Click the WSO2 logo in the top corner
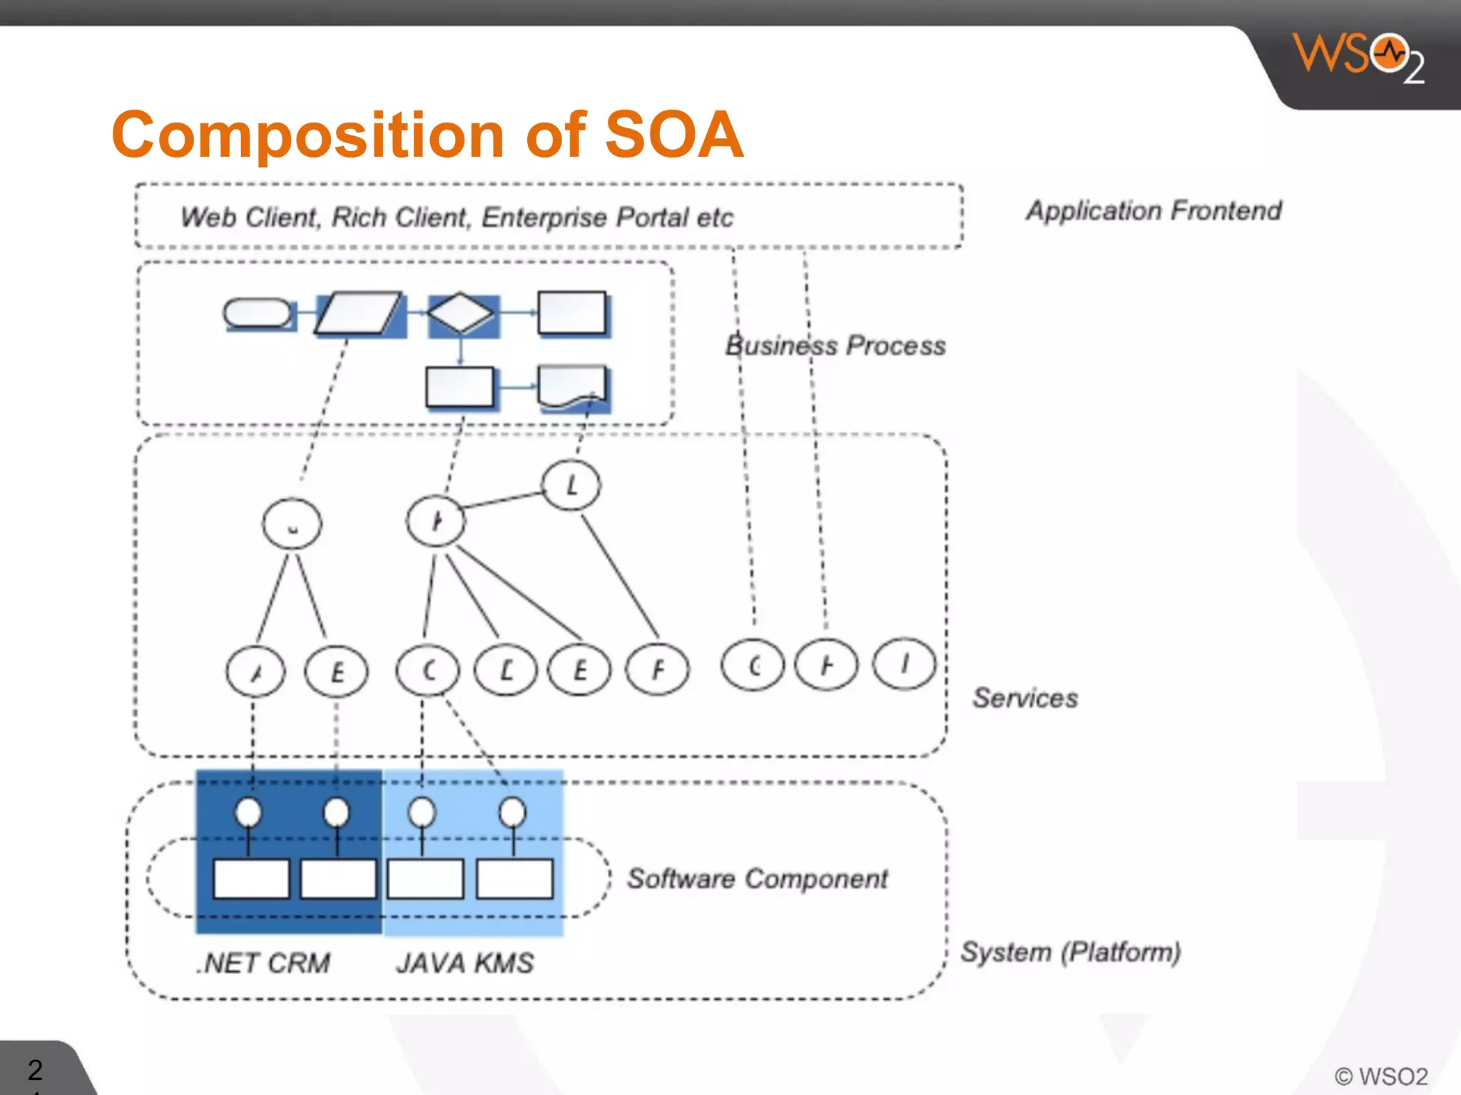click(1357, 57)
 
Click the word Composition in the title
click(308, 135)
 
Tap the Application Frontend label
click(1154, 211)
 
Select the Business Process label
click(835, 346)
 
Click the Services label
click(1025, 698)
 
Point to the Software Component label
click(757, 879)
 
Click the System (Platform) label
click(1070, 952)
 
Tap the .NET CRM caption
click(263, 964)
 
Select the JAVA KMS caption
click(464, 964)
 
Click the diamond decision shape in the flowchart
click(461, 313)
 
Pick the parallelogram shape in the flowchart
click(358, 313)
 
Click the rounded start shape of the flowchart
click(258, 313)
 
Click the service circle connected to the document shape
click(571, 485)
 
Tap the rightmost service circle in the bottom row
click(904, 664)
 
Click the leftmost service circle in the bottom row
click(255, 671)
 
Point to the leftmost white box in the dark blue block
click(251, 879)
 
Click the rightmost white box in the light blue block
click(514, 879)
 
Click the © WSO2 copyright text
click(1381, 1076)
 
